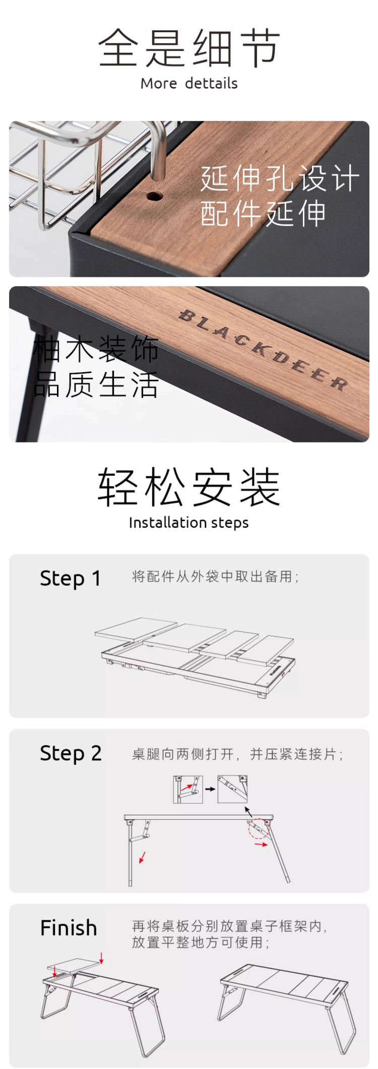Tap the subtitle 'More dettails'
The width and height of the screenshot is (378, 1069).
coord(189,83)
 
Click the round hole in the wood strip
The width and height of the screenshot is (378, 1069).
coord(154,195)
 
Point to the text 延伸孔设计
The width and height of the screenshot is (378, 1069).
coord(280,178)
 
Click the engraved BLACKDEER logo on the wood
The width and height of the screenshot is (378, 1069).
coord(263,350)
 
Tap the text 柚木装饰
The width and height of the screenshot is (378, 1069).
coord(96,348)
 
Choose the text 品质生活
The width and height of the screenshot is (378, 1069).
coord(96,384)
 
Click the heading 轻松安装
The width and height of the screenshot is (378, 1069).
coord(189,487)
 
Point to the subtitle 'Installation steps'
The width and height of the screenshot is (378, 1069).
coord(189,523)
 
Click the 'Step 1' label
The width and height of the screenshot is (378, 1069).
coord(71,578)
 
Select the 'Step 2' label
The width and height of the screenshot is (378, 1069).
coord(71,753)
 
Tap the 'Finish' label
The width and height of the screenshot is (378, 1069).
coord(69,928)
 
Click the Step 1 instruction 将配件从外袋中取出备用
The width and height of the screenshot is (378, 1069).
coord(215,577)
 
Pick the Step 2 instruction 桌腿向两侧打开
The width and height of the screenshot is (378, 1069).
coord(183,754)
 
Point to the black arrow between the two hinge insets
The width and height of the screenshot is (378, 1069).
coord(210,789)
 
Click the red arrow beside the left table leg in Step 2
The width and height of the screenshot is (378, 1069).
coord(143,857)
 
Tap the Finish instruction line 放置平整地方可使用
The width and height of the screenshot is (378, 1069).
coord(201,942)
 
